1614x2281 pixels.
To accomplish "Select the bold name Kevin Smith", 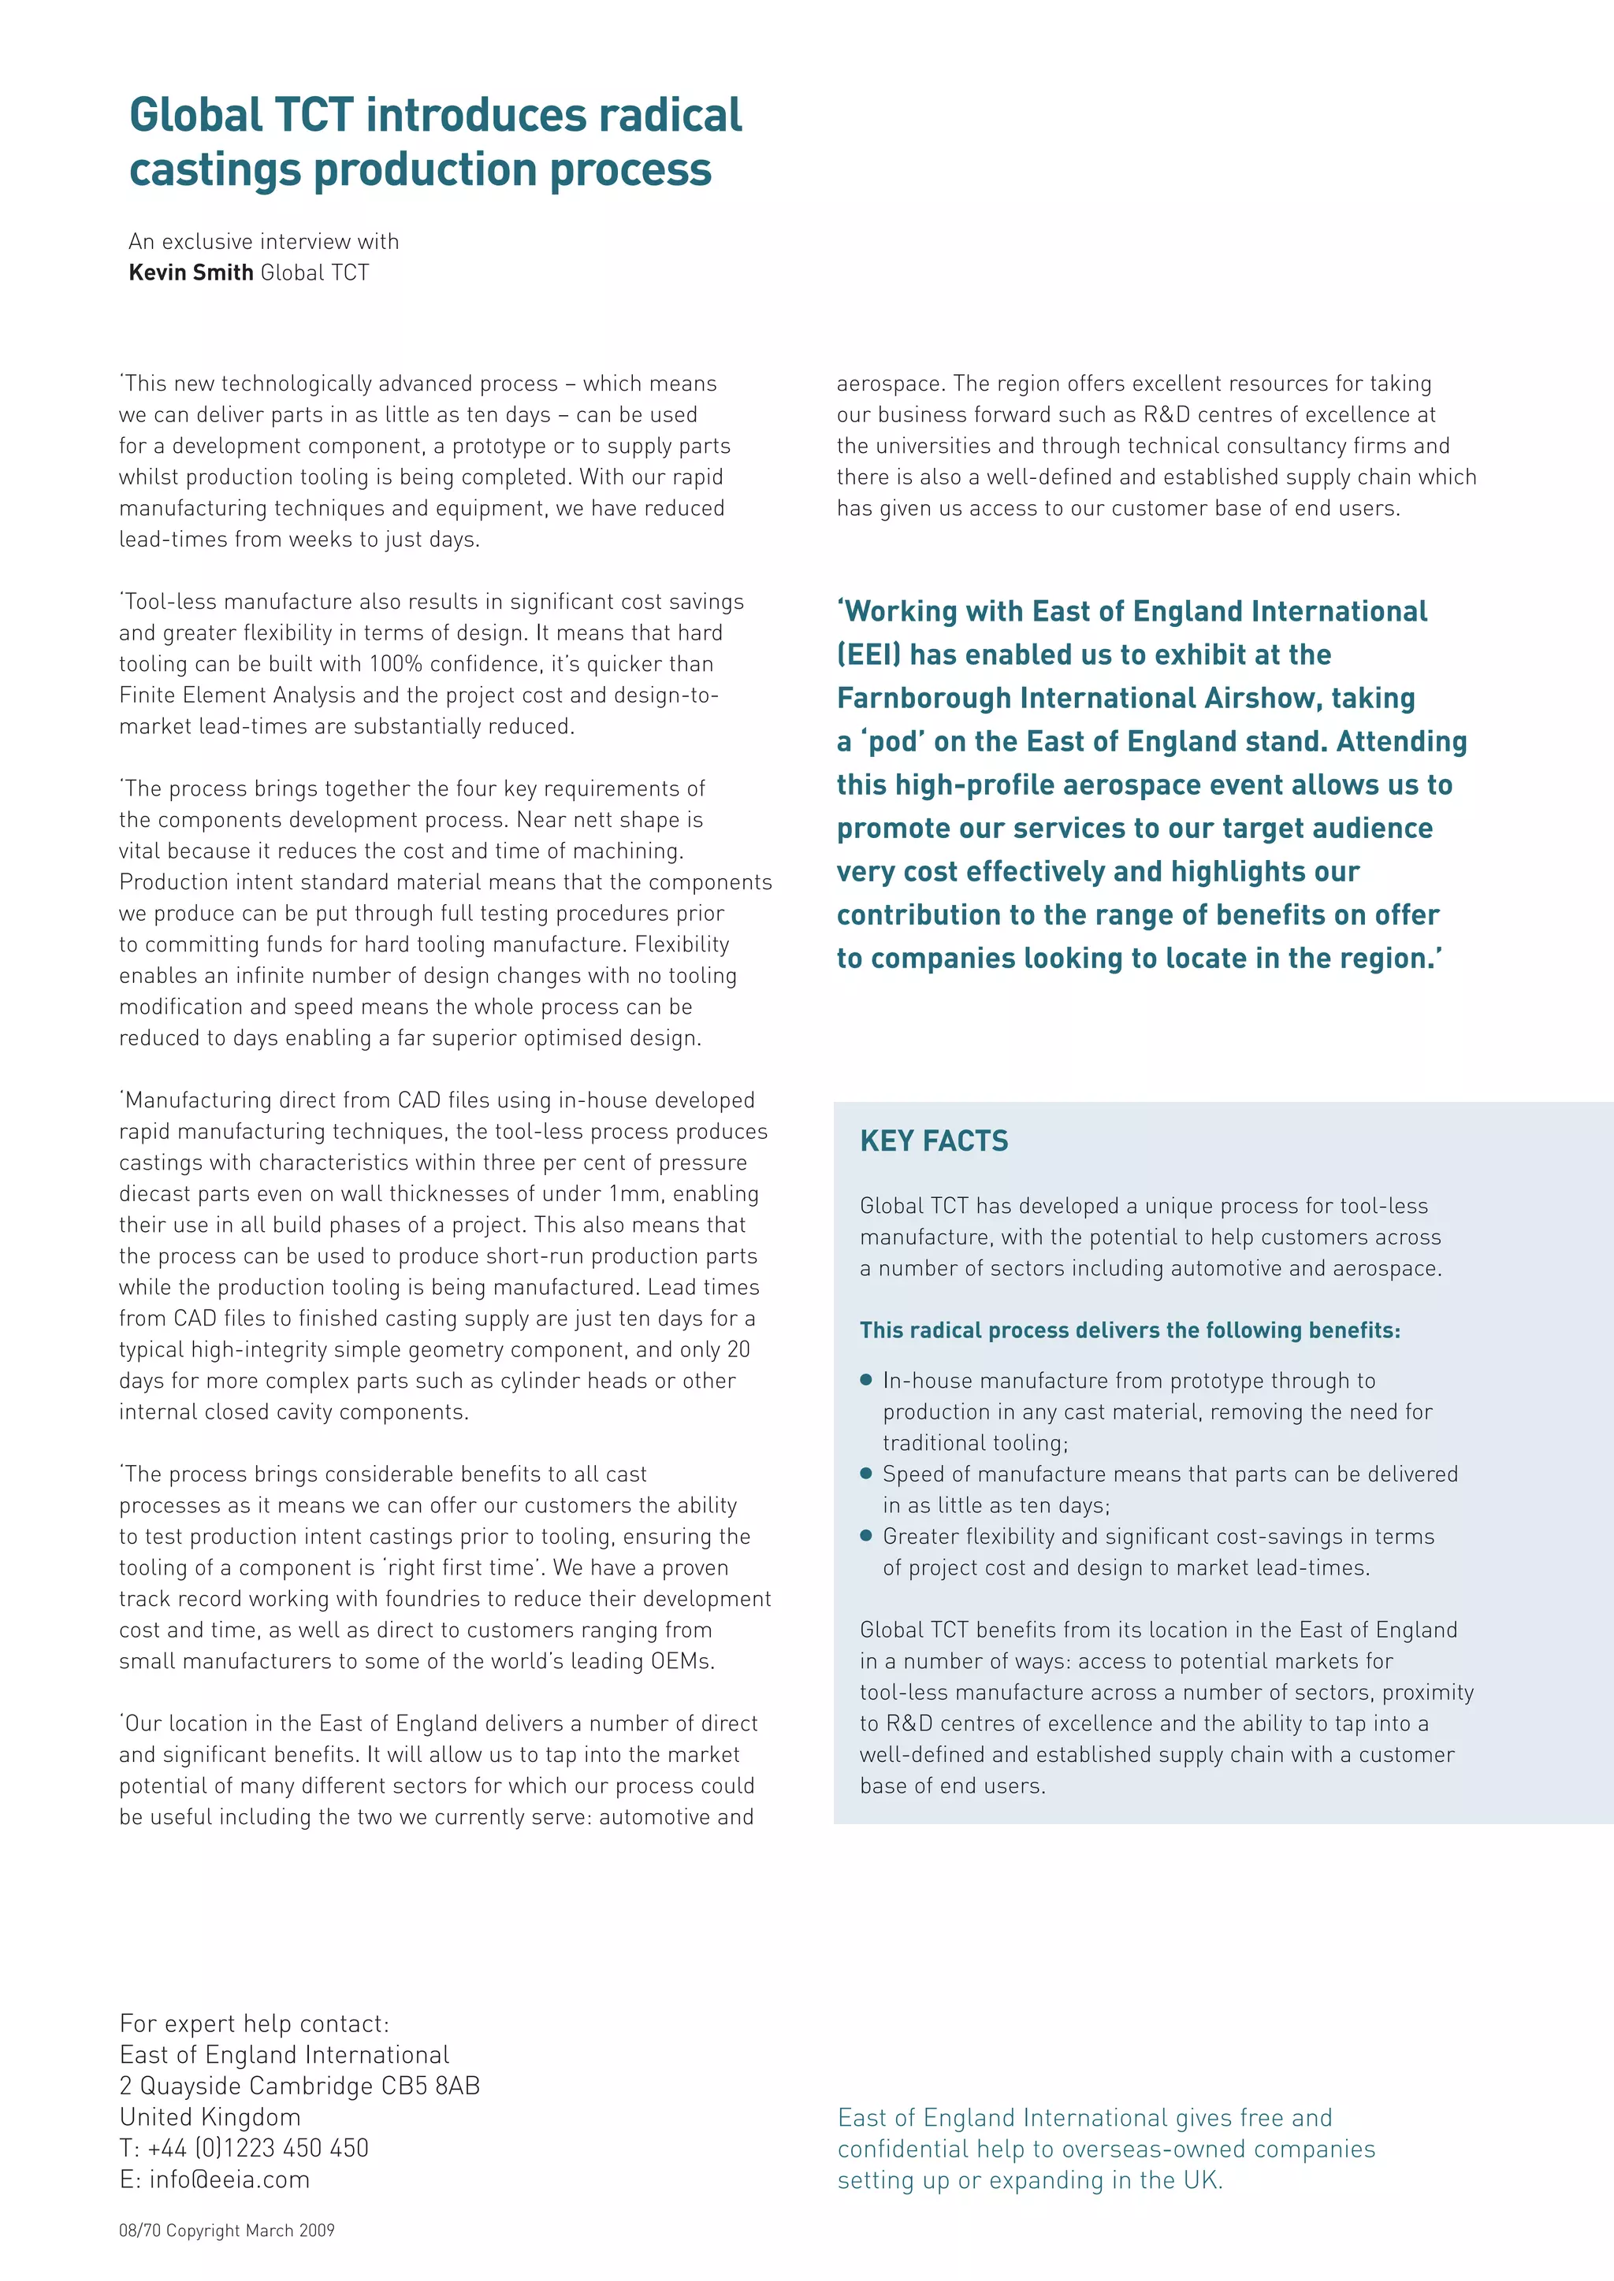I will click(x=191, y=273).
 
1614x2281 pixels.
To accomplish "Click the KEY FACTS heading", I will click(x=933, y=1140).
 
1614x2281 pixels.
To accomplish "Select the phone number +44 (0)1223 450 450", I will click(x=258, y=2148).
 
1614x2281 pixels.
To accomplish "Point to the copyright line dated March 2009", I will click(x=227, y=2231).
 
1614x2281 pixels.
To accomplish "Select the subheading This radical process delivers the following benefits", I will click(x=1129, y=1330).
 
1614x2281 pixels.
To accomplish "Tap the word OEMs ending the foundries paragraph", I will click(x=682, y=1661).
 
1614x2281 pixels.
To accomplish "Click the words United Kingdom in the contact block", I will click(x=210, y=2116).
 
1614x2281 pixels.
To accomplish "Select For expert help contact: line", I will click(x=255, y=2023).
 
